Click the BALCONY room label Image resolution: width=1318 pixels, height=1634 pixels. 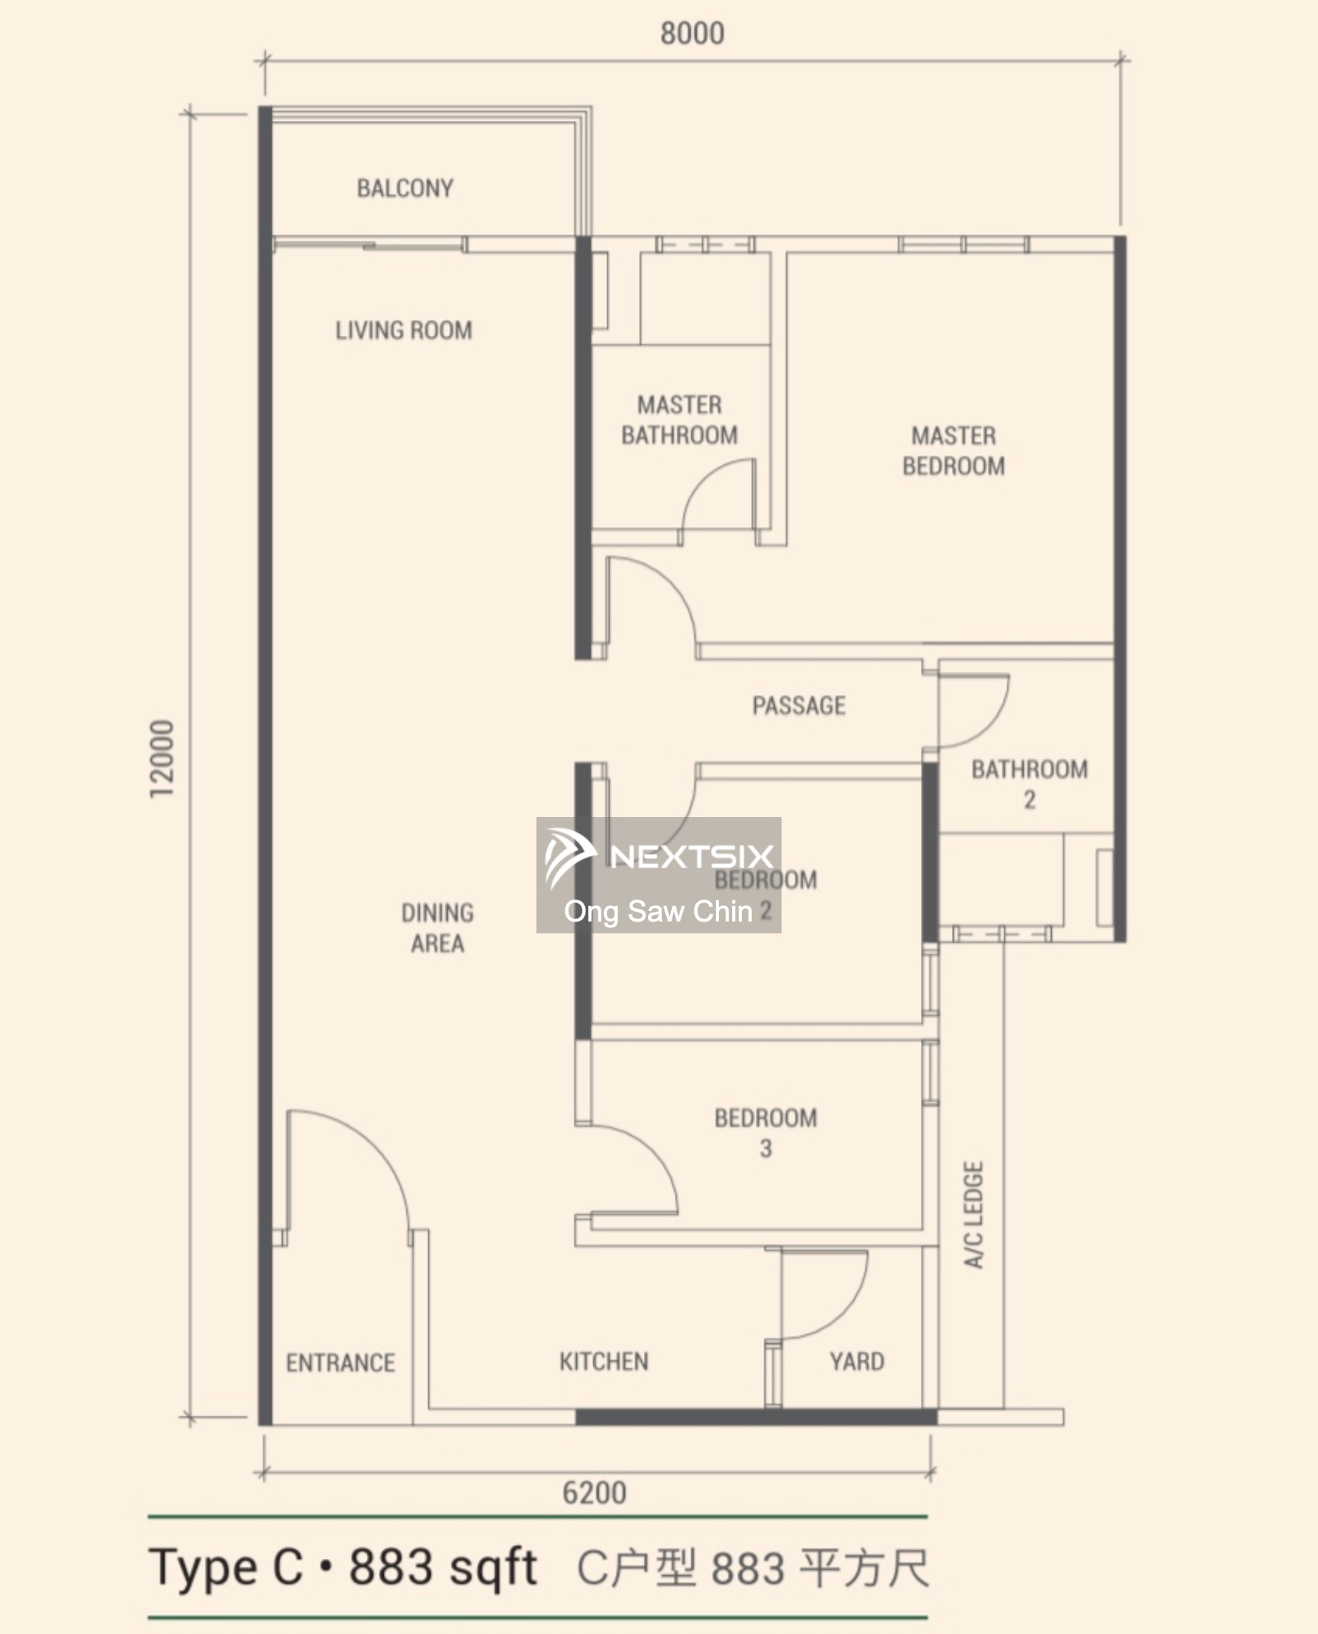pos(404,189)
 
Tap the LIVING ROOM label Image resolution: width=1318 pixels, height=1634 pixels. pos(404,331)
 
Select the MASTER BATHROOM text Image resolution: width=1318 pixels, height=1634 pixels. pos(679,420)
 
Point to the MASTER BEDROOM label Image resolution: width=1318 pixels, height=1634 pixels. pos(954,451)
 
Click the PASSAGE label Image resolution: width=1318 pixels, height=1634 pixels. pos(798,706)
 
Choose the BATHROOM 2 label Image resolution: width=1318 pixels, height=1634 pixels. pos(1030,784)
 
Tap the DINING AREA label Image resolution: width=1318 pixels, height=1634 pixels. pos(437,928)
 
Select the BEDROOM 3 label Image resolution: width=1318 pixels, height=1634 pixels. pos(766,1133)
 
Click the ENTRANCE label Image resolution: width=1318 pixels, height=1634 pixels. pos(340,1363)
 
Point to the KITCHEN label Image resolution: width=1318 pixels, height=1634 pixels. pos(604,1361)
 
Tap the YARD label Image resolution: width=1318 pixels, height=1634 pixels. pos(857,1361)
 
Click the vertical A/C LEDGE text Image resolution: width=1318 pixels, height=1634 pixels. pos(973,1215)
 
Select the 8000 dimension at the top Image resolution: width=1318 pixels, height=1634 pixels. pos(692,33)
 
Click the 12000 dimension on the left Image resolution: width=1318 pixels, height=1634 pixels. pos(162,759)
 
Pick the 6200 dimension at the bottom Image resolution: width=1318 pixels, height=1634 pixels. pos(594,1493)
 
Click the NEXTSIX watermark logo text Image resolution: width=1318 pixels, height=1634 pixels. pos(691,855)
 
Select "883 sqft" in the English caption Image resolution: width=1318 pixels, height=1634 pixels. pos(442,1568)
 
